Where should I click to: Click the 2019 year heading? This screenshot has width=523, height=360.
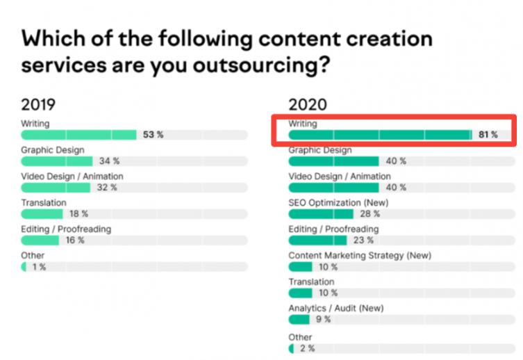coord(38,105)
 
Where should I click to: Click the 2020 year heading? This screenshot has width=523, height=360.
coord(308,105)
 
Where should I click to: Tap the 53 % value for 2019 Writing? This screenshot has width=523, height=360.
coord(153,135)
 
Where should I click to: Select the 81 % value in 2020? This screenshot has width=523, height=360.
coord(488,135)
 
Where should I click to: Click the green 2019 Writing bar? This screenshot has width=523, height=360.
coord(78,135)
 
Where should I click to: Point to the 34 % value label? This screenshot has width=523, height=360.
coord(108,161)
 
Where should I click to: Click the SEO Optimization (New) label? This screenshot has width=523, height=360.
coord(338,202)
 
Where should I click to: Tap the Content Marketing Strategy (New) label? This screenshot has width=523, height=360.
coord(360,255)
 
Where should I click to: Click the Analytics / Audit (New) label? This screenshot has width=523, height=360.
coord(335,308)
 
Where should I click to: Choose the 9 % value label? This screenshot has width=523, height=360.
coord(322,320)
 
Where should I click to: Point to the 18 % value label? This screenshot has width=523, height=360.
coord(78,214)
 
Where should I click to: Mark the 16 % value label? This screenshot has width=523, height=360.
coord(75,240)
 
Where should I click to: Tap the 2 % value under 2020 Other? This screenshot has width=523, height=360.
coord(306,347)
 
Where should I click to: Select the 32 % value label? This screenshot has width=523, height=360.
coord(107,188)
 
